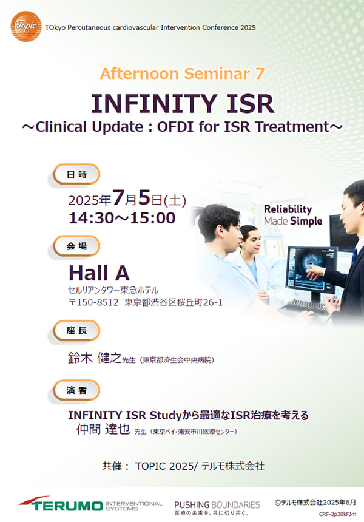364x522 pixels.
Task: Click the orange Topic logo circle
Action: click(x=26, y=26)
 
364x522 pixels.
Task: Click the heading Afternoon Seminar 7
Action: click(x=183, y=73)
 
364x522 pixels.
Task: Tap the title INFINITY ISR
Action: click(x=183, y=103)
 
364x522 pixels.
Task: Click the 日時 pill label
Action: click(x=76, y=174)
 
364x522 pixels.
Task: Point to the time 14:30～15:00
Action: click(x=122, y=218)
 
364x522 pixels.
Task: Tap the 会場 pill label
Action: click(x=76, y=246)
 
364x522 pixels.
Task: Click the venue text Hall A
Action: click(x=99, y=273)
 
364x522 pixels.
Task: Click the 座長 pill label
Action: click(x=76, y=330)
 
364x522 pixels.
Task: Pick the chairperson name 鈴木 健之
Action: click(x=95, y=358)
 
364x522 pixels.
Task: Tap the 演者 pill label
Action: click(x=76, y=390)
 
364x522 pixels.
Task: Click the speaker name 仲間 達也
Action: click(x=103, y=429)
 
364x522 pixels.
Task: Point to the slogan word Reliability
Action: click(x=288, y=209)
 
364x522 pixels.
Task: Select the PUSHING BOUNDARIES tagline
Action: click(x=217, y=505)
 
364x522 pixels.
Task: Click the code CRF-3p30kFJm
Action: click(x=337, y=514)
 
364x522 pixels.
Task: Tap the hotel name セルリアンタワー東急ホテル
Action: click(x=113, y=290)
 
